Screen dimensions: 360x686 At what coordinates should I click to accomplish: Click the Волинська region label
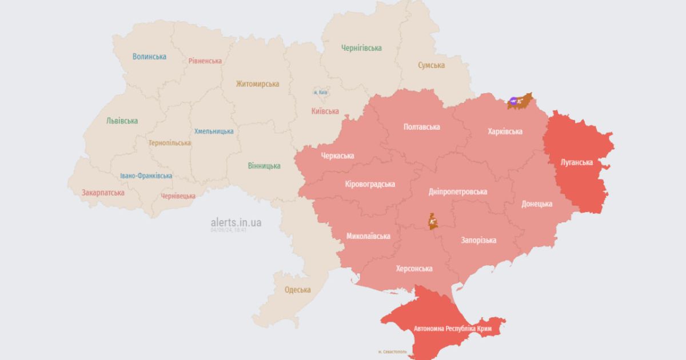coord(149,57)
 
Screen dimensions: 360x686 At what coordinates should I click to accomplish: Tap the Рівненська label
coord(205,61)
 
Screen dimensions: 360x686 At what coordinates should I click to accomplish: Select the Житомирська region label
coord(257,83)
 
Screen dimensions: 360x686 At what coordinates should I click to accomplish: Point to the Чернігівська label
coord(361,48)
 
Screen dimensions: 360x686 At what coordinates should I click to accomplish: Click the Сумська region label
coord(431,65)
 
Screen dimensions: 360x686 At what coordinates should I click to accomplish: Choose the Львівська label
coord(122,121)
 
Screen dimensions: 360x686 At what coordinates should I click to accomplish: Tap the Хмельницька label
coord(214,131)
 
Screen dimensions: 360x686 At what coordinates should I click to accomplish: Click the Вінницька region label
coord(264,166)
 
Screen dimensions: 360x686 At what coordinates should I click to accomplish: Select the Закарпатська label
coord(103,193)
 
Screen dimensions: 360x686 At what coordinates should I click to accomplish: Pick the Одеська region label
coord(298,290)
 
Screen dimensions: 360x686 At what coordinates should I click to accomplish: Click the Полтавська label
coord(421,126)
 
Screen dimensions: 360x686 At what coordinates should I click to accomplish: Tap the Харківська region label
coord(505,131)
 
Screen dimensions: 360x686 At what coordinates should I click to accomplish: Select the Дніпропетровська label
coord(457,191)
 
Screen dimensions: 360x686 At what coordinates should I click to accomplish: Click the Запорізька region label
coord(478,240)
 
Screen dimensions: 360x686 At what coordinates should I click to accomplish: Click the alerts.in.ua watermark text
coord(236,222)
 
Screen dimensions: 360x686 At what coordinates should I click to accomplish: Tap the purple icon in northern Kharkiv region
coord(514,102)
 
